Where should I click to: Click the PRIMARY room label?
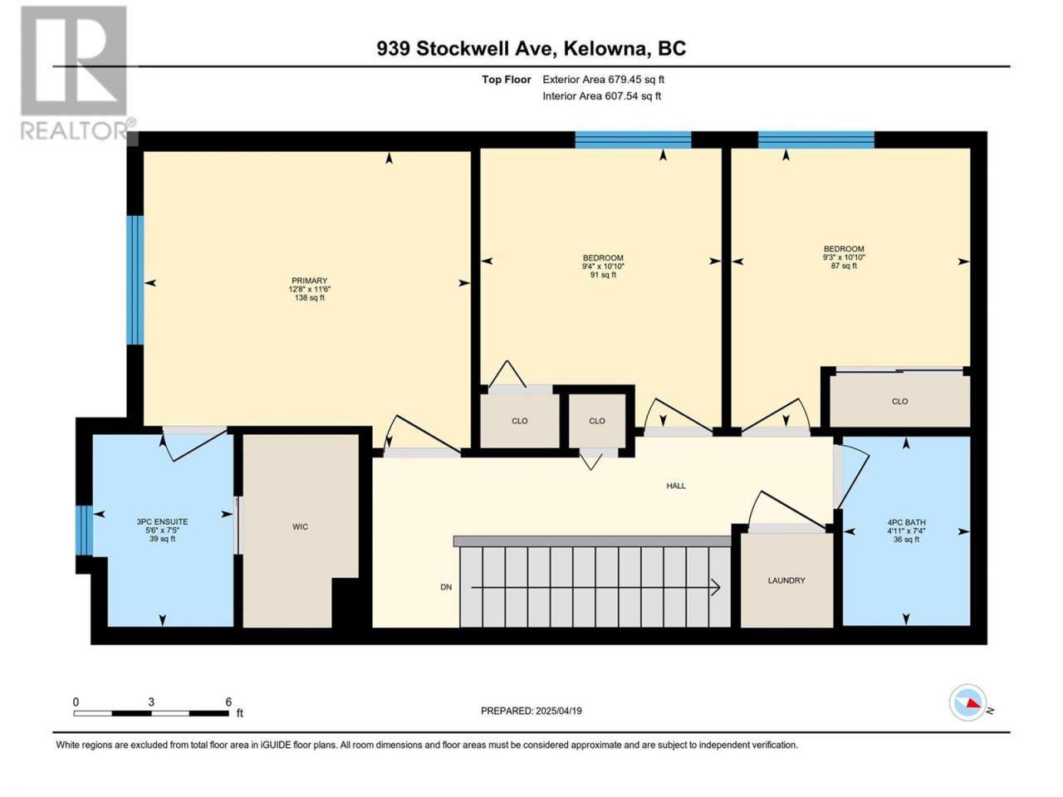(x=309, y=281)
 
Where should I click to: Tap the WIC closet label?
(x=300, y=526)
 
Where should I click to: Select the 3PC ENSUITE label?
(x=162, y=521)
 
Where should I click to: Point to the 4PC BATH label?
(x=906, y=523)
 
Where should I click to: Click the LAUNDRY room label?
(x=786, y=580)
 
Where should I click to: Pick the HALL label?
(x=676, y=486)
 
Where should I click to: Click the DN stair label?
(x=446, y=587)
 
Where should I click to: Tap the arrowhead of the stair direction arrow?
(x=718, y=588)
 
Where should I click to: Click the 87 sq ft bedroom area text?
(x=844, y=266)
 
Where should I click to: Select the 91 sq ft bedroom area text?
(x=603, y=275)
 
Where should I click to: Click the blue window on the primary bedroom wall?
(x=135, y=280)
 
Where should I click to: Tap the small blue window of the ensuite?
(x=84, y=530)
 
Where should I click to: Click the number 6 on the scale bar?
(x=228, y=702)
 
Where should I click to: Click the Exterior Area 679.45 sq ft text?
(x=604, y=80)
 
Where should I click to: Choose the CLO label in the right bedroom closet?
(x=899, y=401)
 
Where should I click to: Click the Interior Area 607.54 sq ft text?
(x=601, y=95)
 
